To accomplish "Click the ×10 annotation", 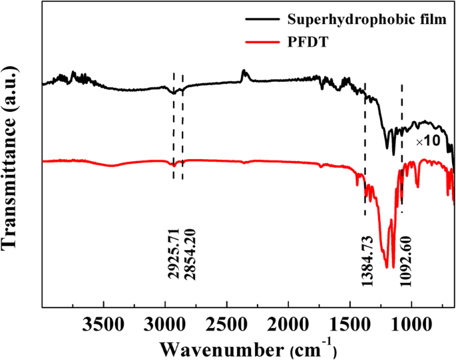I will (428, 142).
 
